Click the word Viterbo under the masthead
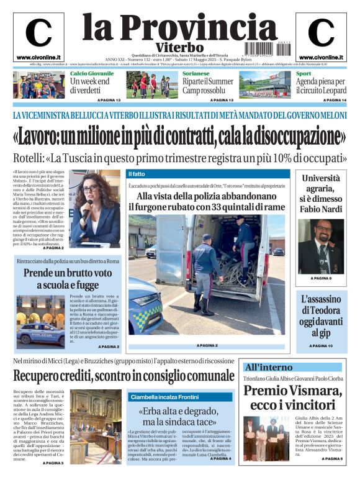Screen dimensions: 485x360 coord(180,48)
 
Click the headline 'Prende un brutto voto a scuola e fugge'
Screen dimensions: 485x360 coord(68,279)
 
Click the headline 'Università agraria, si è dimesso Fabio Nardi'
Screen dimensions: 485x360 coord(320,193)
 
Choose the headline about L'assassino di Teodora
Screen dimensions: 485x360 coord(321,315)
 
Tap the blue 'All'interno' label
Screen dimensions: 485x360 coord(268,367)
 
